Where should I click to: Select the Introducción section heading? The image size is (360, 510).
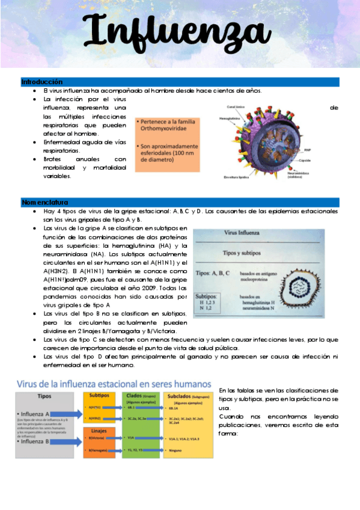(42, 82)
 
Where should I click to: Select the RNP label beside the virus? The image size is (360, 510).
(307, 150)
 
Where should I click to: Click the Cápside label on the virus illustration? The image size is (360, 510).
(305, 161)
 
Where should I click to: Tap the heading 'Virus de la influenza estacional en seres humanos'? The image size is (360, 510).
(114, 383)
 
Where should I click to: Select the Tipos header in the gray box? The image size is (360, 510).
(44, 397)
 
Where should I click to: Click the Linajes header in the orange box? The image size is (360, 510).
(99, 432)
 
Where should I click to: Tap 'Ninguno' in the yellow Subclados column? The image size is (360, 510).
(177, 449)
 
